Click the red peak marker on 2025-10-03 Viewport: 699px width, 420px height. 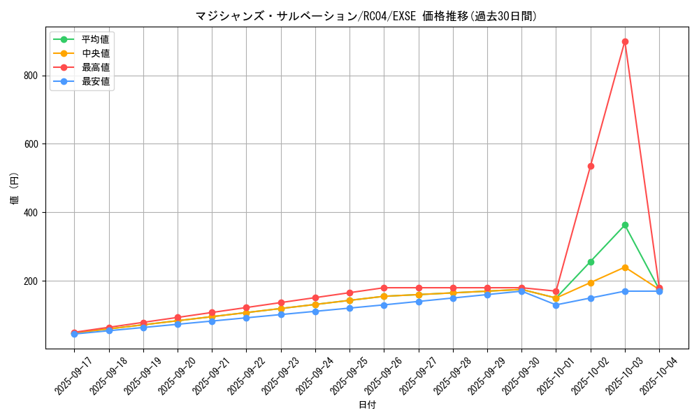[x=625, y=41]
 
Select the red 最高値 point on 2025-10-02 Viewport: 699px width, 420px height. [x=591, y=166]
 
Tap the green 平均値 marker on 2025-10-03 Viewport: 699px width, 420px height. [x=625, y=225]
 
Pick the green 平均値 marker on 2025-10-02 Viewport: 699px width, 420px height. [x=591, y=262]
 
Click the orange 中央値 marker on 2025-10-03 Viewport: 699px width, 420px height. [x=625, y=267]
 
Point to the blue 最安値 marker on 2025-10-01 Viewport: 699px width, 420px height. [x=556, y=304]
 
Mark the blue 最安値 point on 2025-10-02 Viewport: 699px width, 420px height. [x=591, y=298]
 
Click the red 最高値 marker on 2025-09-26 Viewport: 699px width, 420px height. [x=384, y=288]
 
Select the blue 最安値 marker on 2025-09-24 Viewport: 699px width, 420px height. [x=315, y=311]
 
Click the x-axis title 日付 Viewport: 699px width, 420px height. [x=367, y=405]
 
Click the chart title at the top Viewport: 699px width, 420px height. [x=367, y=16]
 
